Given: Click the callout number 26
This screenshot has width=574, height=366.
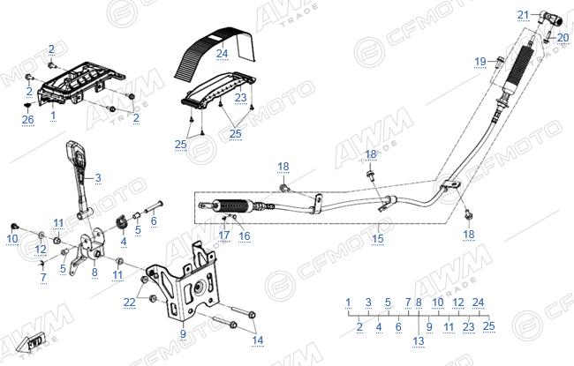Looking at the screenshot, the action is pos(28,120).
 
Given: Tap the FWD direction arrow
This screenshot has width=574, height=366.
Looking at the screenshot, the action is pos(32,342).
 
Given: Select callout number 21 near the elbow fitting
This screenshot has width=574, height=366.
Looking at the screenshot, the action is pos(523,15).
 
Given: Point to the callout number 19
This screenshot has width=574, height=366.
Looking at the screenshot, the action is pos(480,62).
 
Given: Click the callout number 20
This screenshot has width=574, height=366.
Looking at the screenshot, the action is pos(563,38).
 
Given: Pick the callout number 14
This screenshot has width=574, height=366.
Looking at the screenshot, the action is pos(257,340).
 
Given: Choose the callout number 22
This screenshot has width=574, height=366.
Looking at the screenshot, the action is pos(129,303).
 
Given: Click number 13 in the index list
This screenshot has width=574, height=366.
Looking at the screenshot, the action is pos(419,341).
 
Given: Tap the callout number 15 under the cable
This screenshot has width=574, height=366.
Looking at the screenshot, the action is pos(378,239).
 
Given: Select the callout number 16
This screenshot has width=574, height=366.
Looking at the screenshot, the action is pos(244,235).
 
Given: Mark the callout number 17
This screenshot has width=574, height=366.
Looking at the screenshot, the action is pos(224,235).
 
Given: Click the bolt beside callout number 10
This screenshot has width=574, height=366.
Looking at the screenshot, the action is pos(15,227).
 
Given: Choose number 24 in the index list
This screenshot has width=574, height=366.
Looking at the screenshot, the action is pos(478,303).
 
